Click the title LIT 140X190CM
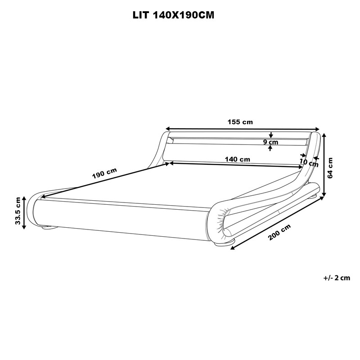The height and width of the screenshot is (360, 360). [x=173, y=15]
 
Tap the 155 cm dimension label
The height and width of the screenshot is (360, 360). [x=240, y=122]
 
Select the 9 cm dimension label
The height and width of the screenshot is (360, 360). [x=271, y=142]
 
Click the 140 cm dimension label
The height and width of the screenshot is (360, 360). [x=238, y=159]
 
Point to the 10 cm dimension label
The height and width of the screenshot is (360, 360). [x=309, y=163]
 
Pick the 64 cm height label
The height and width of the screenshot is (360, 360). [x=330, y=168]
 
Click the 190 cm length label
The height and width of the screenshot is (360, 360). [x=104, y=173]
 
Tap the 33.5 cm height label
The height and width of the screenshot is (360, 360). [x=18, y=211]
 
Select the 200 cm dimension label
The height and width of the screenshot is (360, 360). [x=279, y=232]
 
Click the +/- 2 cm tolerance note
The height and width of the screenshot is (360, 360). [x=337, y=278]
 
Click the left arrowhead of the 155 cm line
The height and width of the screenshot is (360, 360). [x=168, y=129]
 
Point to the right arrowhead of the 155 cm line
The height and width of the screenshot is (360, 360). [x=317, y=129]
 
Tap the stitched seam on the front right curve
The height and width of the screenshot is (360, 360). [x=220, y=221]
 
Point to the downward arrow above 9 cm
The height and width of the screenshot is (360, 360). [x=271, y=135]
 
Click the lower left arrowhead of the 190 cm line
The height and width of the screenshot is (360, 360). [x=43, y=197]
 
